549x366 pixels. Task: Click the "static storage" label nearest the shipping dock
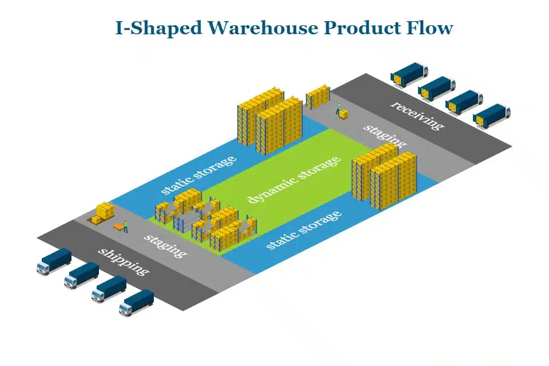304,230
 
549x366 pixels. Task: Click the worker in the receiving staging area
338,109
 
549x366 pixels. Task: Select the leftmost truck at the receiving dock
409,74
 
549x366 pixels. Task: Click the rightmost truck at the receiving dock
491,116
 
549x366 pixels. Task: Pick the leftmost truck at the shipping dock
54,261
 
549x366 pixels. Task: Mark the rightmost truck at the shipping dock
136,303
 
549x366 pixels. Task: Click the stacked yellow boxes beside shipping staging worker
104,213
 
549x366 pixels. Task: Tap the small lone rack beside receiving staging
317,97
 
